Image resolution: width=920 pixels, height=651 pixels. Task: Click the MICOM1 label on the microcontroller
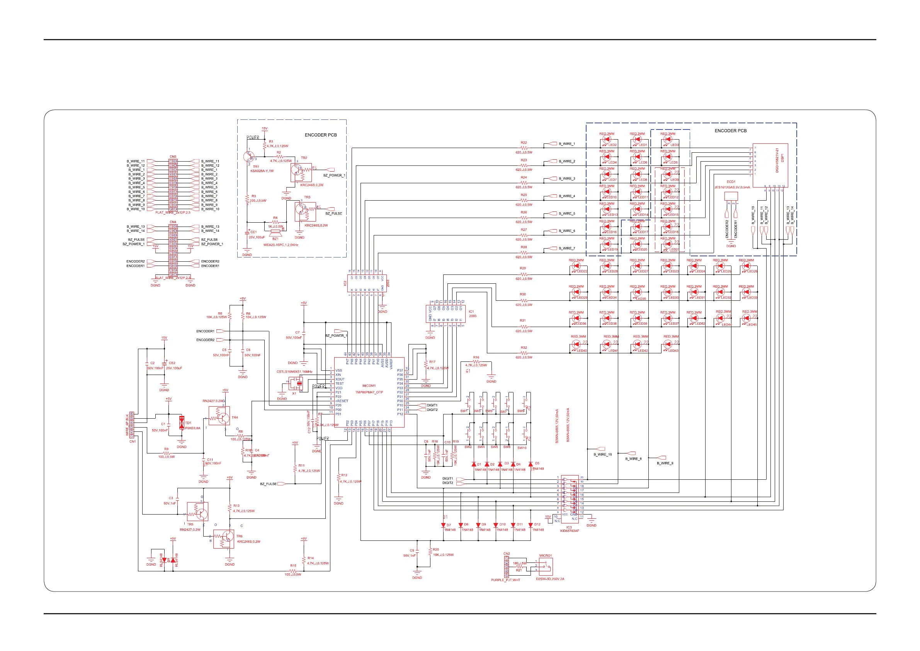(x=369, y=386)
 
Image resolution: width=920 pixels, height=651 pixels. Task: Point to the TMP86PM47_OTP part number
(x=369, y=392)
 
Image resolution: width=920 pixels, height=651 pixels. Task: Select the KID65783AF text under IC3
(x=570, y=531)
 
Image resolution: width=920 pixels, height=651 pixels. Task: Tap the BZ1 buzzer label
(x=275, y=239)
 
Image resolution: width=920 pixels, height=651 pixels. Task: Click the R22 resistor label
(x=524, y=143)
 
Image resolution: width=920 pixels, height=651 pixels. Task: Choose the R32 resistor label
(x=524, y=348)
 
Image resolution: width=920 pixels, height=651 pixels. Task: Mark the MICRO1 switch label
(x=545, y=556)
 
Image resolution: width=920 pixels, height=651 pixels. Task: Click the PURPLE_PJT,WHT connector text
(x=505, y=580)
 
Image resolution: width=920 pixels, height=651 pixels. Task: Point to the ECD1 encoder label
(x=731, y=182)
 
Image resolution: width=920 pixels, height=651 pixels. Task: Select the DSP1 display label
(x=782, y=158)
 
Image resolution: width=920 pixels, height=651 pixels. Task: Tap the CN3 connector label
(x=173, y=157)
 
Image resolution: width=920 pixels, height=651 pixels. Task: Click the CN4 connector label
(x=173, y=222)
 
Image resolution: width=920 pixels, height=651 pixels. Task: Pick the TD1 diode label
(x=188, y=423)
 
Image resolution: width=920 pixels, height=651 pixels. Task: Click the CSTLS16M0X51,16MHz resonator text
(x=294, y=372)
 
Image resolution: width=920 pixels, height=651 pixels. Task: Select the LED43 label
(x=673, y=351)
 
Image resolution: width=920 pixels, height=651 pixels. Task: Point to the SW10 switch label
(x=522, y=448)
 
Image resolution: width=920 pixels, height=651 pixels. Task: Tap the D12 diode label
(x=537, y=524)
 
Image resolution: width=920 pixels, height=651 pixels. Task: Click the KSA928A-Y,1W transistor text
(x=262, y=171)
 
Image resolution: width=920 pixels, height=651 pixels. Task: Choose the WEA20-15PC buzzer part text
(x=281, y=245)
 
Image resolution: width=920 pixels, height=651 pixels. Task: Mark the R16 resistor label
(x=476, y=358)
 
